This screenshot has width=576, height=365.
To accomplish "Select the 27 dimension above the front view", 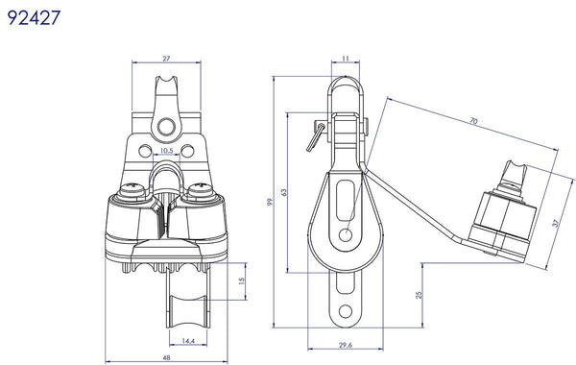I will tap(167, 59).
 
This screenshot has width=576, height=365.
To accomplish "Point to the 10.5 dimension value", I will tap(166, 151).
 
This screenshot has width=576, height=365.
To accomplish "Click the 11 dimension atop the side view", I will tap(345, 59).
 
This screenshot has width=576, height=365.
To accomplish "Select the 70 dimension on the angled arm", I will tap(475, 122).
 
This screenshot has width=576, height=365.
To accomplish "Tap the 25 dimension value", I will tap(420, 295).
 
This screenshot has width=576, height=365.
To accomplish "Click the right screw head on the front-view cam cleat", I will tap(201, 193).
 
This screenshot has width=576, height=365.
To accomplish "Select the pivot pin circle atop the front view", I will tap(167, 125).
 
